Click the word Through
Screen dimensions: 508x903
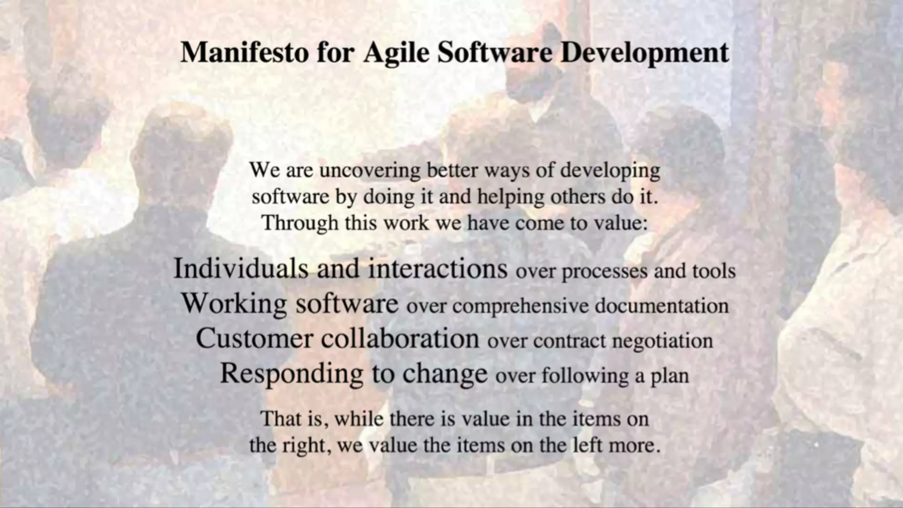(300, 223)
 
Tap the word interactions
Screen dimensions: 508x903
(437, 269)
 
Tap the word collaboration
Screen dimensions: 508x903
(399, 339)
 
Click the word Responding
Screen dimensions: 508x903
(291, 374)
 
